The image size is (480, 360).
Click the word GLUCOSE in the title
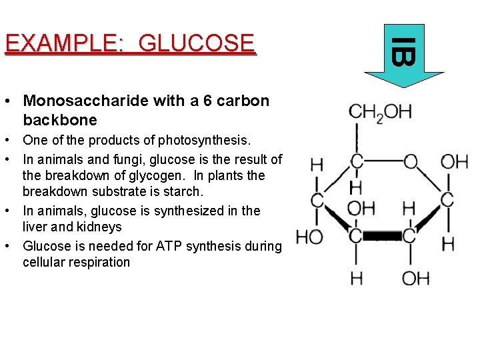point(197,43)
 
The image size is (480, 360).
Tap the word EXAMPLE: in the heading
point(65,43)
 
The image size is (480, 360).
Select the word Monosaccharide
point(81,101)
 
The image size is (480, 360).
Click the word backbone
point(60,121)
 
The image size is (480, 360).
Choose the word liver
point(35,227)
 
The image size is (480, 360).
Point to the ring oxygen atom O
point(411,162)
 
